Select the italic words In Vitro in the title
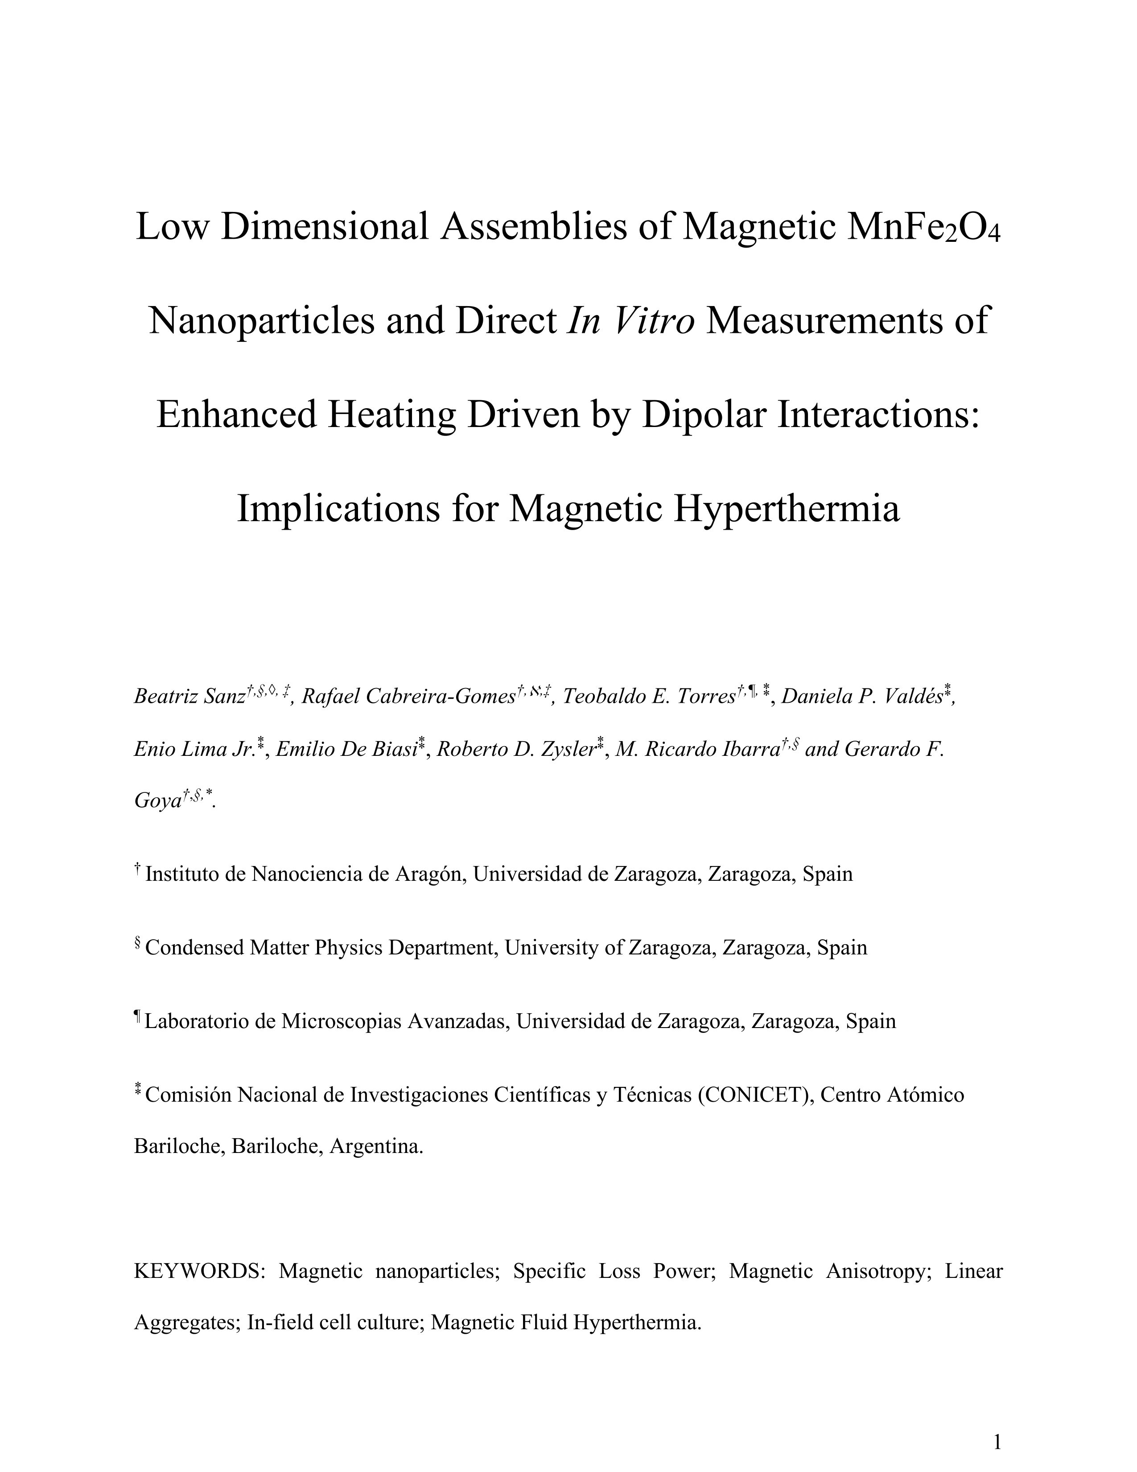click(x=631, y=320)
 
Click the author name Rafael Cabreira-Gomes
click(x=408, y=696)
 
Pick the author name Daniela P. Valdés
click(x=862, y=696)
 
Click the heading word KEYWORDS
click(x=200, y=1271)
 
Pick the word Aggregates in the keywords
click(x=186, y=1323)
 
